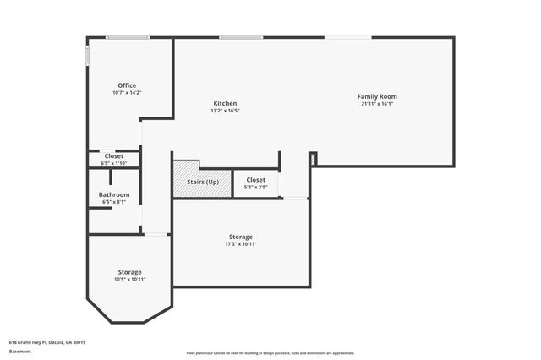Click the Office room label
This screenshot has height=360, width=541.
(127, 85)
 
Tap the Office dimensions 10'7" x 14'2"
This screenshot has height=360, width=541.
(127, 93)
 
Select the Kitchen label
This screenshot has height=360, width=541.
(225, 103)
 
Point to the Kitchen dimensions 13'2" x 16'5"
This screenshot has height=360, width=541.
(225, 111)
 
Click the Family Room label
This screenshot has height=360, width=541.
(377, 96)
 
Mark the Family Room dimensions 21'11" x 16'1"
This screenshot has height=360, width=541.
(377, 104)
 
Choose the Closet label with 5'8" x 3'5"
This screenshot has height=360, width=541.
(256, 180)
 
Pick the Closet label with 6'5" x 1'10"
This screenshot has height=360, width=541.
(114, 156)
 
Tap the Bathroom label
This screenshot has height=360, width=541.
(114, 194)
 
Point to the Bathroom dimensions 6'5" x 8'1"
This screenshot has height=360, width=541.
(114, 202)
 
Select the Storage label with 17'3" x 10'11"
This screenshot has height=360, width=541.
(241, 237)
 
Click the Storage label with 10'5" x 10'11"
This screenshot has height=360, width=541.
(129, 272)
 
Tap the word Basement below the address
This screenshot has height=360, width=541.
(19, 352)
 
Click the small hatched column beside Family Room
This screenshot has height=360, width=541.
(313, 159)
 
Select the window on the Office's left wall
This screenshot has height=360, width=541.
(87, 55)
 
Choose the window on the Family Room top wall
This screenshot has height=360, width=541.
(346, 37)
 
